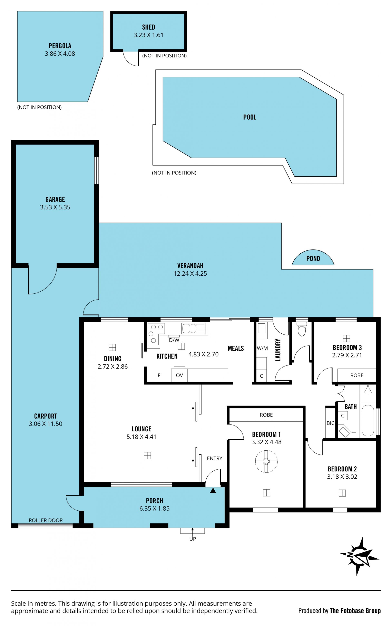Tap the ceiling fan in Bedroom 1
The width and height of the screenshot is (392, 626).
(x=266, y=461)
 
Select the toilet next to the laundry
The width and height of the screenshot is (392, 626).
(x=302, y=329)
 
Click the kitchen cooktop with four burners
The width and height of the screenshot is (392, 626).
(x=156, y=333)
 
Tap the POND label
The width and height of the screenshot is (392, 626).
(x=313, y=258)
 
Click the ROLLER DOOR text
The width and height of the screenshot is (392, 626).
(x=46, y=520)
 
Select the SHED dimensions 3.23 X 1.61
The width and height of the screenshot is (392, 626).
(x=149, y=35)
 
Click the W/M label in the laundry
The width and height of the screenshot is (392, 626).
(x=262, y=348)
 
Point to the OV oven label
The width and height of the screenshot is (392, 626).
(x=179, y=375)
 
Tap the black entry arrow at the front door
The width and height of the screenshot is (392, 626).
(x=213, y=490)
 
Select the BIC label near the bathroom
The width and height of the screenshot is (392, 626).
(x=331, y=423)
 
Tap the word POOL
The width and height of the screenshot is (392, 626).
(x=250, y=117)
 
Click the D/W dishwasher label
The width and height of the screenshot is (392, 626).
(x=174, y=340)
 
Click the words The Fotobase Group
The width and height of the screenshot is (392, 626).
(x=355, y=611)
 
